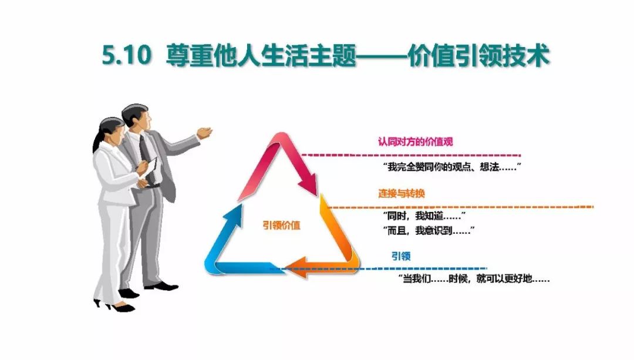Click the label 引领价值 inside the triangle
point(282,224)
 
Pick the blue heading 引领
point(401,256)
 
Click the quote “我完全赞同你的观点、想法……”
point(452,167)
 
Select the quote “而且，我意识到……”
point(428,231)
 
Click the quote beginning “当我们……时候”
point(474,279)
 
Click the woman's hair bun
point(95,141)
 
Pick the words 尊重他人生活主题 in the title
point(261,56)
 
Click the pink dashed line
point(411,155)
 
